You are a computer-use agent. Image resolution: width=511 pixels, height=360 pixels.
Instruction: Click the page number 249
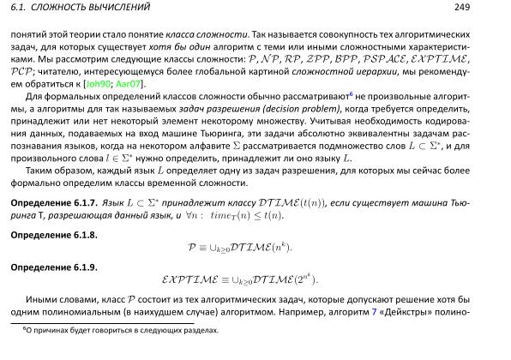[487, 8]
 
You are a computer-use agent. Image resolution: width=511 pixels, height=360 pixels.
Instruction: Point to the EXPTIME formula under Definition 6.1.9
[240, 279]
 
